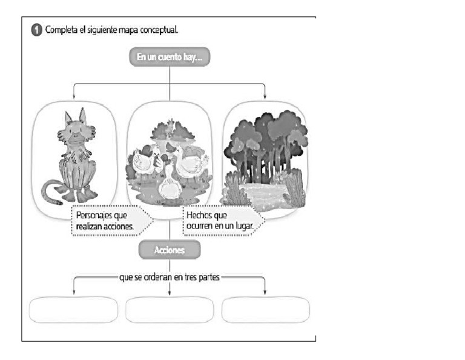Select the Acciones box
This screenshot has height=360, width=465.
[169, 250]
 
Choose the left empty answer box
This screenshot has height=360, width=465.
[73, 310]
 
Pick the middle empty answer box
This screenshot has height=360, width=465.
[169, 310]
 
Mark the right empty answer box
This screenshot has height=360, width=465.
[265, 310]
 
